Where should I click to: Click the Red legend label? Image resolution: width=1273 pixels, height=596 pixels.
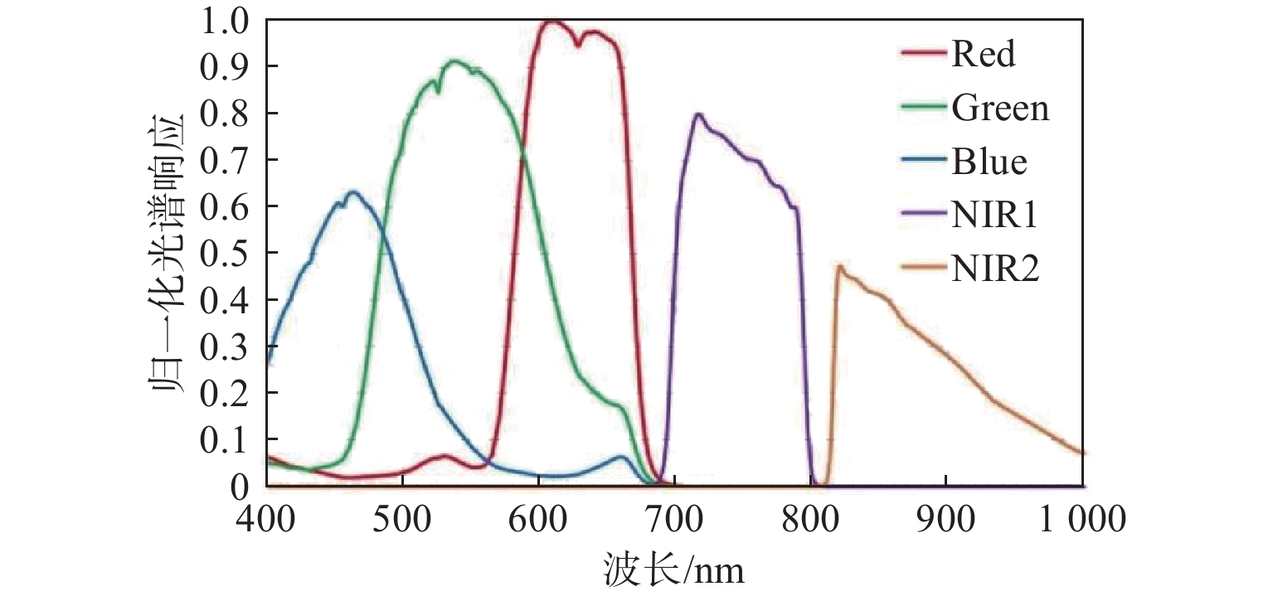coord(984,55)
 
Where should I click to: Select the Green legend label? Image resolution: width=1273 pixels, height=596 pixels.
coord(1001,109)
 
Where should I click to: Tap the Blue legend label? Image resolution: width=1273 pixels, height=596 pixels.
coord(989,162)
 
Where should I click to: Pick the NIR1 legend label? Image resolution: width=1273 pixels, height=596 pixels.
coord(995,216)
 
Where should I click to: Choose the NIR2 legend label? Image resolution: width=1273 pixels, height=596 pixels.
coord(996,269)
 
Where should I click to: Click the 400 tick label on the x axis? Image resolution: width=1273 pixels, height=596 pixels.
coord(266,520)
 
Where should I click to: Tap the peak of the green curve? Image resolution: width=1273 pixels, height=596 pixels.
coord(454,61)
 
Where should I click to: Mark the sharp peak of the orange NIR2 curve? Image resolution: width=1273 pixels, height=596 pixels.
coord(839,266)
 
